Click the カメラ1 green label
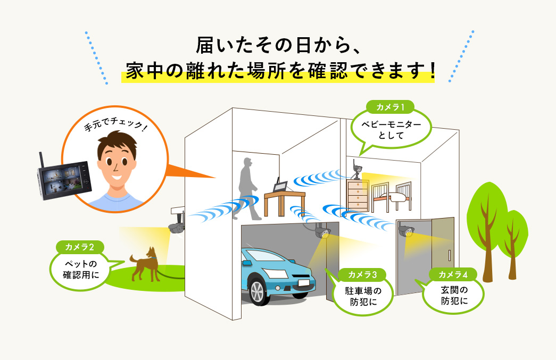coord(389,107)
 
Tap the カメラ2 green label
coord(80,247)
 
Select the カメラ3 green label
coord(362,274)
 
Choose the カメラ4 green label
coord(453,274)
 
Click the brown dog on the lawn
coord(145,264)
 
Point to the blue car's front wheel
coord(259,291)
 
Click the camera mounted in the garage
coord(322,231)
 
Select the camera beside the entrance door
coord(406,230)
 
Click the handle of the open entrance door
coord(449,255)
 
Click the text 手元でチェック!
coord(115,124)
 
